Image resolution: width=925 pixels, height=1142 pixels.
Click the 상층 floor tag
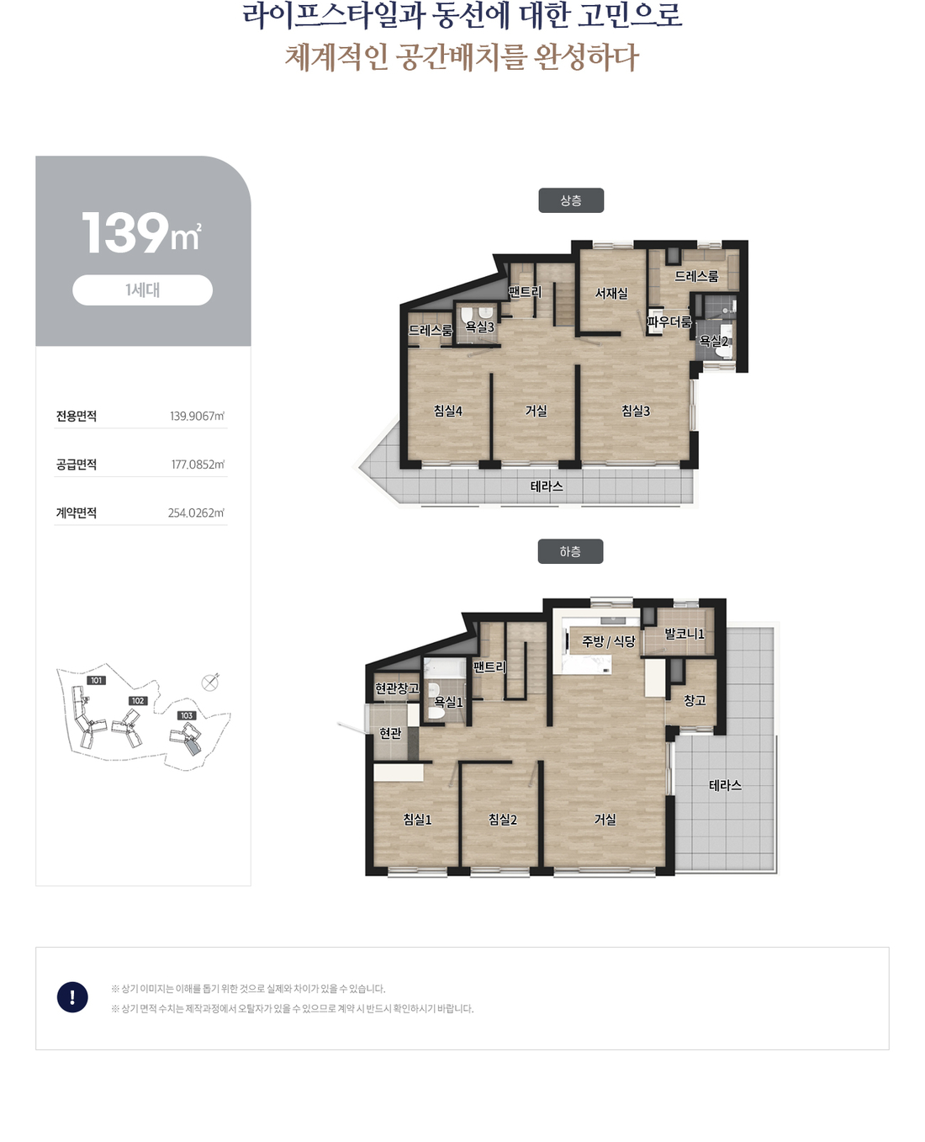click(571, 200)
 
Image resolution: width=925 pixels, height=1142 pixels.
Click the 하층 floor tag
click(570, 551)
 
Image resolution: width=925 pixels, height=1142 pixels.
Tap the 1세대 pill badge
click(142, 290)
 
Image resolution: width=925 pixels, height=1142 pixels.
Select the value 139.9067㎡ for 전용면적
click(197, 416)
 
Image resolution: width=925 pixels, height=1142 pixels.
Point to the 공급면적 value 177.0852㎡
click(198, 465)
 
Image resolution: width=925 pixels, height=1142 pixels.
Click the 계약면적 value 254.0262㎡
click(196, 513)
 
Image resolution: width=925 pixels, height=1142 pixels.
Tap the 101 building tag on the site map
click(97, 680)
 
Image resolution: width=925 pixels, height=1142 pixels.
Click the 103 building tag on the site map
click(187, 715)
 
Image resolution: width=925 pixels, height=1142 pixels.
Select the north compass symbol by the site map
click(210, 683)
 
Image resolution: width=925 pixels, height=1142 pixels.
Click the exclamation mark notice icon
click(72, 997)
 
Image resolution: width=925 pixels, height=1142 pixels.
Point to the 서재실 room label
click(611, 293)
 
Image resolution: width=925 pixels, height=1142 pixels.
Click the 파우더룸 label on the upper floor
click(669, 322)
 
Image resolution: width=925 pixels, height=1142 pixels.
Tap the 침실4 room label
click(447, 411)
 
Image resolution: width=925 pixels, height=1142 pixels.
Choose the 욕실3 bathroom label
click(479, 327)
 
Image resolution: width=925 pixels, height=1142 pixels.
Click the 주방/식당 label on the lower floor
click(609, 641)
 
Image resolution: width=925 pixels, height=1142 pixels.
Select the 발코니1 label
click(684, 634)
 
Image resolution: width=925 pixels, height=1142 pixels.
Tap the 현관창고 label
click(397, 688)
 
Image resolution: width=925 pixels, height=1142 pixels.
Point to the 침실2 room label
click(502, 819)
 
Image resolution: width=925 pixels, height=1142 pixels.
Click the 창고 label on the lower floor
click(695, 700)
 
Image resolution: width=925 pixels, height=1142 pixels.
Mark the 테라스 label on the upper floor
click(547, 486)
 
